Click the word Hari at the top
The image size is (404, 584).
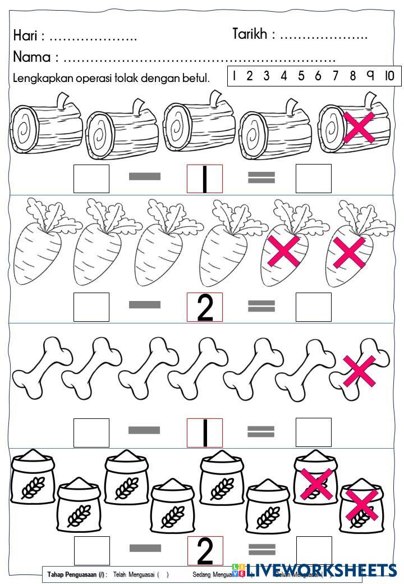[25, 36]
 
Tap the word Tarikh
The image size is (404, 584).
[250, 34]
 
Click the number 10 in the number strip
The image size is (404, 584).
[389, 76]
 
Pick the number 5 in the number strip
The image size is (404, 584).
[301, 76]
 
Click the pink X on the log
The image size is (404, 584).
[360, 127]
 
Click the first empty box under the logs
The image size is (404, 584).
[91, 178]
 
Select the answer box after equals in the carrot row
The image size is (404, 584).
[313, 307]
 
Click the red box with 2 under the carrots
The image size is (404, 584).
[205, 307]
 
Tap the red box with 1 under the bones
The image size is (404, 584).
[205, 432]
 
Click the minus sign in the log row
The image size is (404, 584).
[144, 177]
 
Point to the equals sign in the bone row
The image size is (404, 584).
[261, 431]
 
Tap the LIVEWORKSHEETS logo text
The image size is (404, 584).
[320, 571]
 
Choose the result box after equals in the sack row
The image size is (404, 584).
[313, 550]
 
